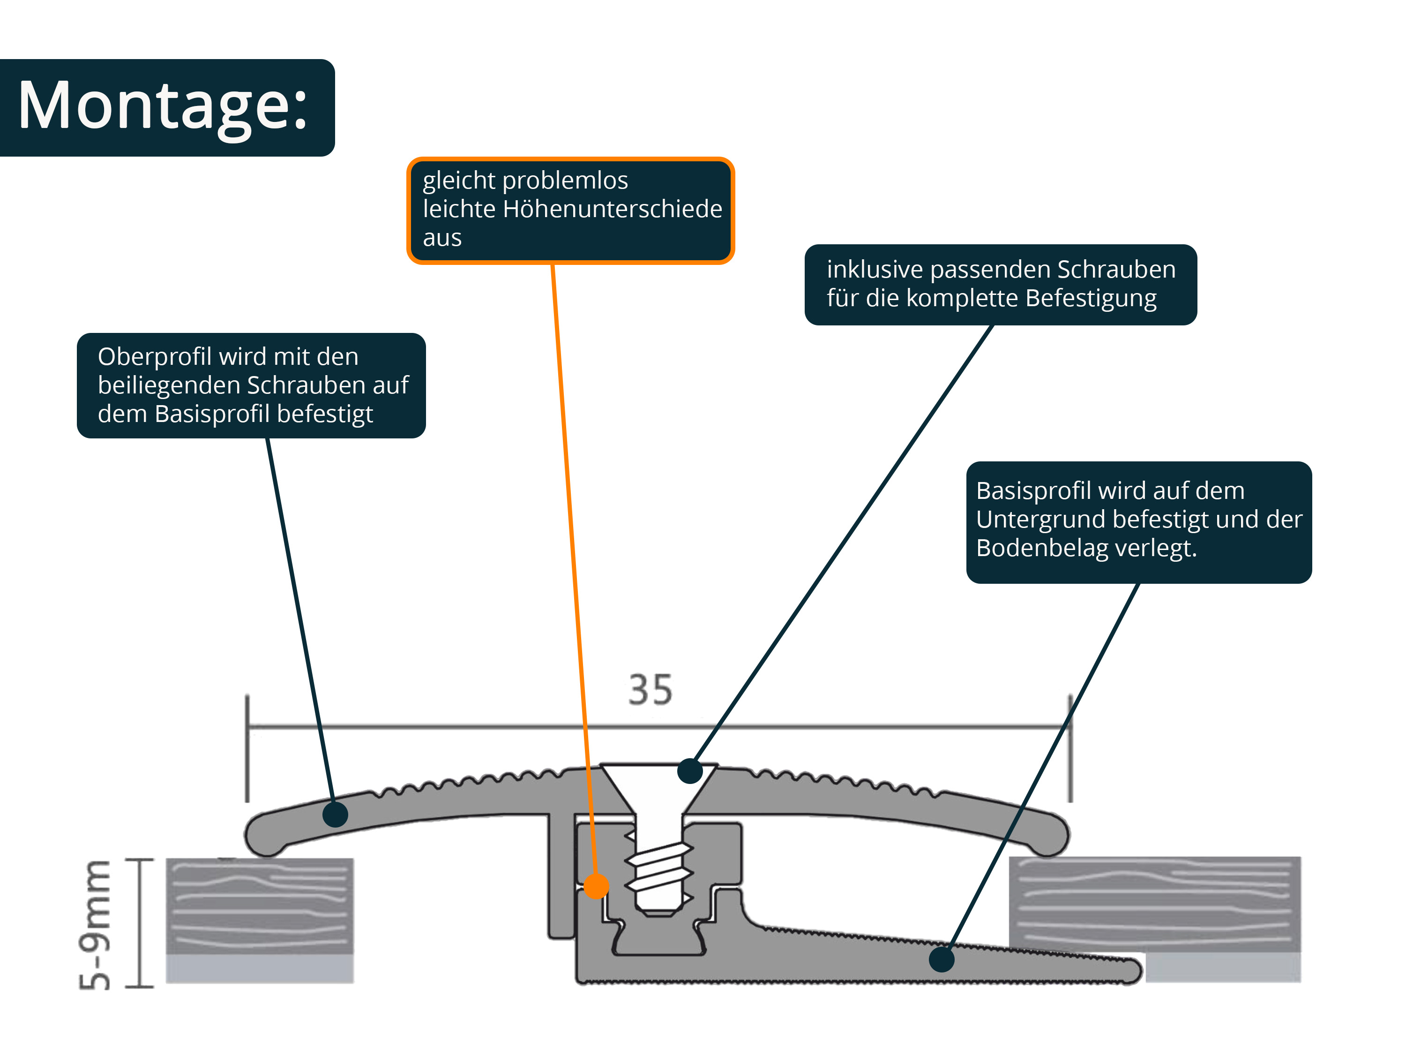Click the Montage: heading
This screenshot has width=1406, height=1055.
pos(163,106)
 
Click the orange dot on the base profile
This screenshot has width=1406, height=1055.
pos(596,885)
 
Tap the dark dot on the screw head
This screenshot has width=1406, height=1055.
pos(690,771)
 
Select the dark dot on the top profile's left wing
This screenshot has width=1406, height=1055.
pos(335,814)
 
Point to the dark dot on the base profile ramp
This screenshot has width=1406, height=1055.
pos(942,959)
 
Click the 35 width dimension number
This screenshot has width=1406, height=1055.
pos(650,690)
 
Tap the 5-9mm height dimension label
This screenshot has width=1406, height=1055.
pos(95,925)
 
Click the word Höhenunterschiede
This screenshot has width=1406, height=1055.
pos(612,209)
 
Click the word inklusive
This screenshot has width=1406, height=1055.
pos(875,270)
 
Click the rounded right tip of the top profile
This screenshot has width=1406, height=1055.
pos(1055,836)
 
